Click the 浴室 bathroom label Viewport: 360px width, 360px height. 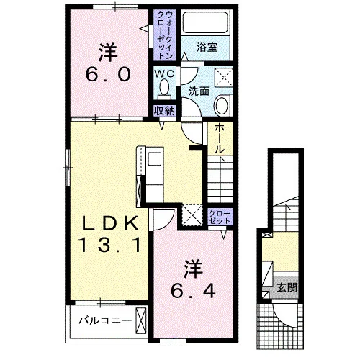[x=207, y=47]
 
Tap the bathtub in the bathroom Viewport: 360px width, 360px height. [x=205, y=22]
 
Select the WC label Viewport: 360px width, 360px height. [x=164, y=74]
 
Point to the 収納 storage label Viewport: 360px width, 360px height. [x=164, y=111]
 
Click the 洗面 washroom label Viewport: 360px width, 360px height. [x=199, y=91]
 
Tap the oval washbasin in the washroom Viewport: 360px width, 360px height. [x=222, y=106]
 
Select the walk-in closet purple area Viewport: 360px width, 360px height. [x=165, y=35]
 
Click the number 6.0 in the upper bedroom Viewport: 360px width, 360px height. [x=108, y=74]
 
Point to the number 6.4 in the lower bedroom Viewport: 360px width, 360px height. [x=193, y=291]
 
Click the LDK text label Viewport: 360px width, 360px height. [x=110, y=223]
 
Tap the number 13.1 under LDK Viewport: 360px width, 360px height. [x=110, y=245]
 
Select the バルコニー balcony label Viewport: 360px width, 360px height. [x=105, y=320]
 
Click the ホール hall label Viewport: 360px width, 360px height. [x=219, y=139]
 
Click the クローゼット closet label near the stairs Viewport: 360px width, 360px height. [x=220, y=217]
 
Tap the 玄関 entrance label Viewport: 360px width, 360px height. [x=287, y=287]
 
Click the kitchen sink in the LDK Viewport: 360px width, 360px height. [x=154, y=158]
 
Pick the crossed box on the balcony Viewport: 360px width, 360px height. [x=141, y=320]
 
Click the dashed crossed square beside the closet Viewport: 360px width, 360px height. [x=192, y=215]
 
